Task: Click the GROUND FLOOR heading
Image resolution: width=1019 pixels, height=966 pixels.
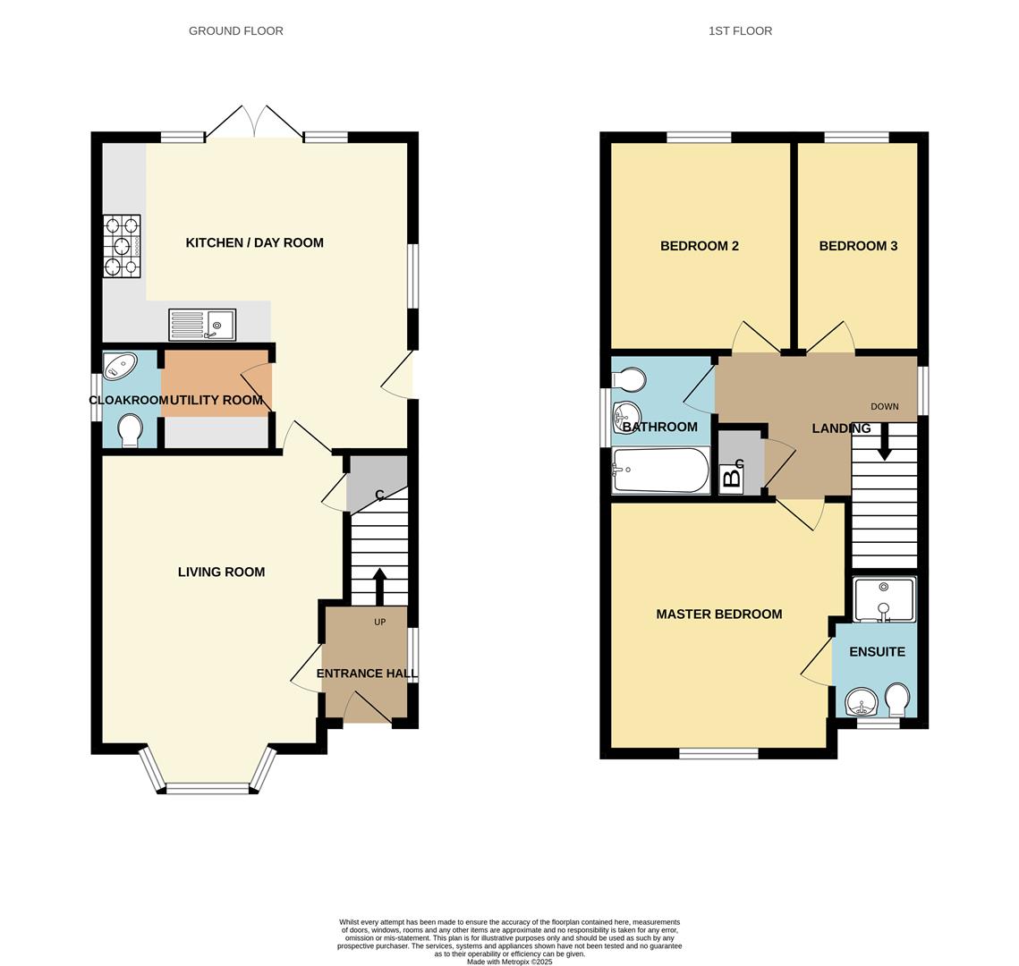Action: (235, 30)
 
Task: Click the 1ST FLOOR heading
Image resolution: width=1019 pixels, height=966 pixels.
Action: (740, 30)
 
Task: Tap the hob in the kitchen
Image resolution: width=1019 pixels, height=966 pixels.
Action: (122, 246)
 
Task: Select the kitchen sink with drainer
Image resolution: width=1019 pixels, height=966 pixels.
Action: (202, 325)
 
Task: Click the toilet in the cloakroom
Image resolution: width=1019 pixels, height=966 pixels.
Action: (130, 428)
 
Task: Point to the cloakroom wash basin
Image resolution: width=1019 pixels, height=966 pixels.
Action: (120, 366)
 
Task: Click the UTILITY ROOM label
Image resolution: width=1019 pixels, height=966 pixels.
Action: (216, 400)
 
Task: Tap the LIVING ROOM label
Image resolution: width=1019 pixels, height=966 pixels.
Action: (221, 572)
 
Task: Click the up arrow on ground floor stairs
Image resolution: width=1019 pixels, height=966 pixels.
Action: (378, 585)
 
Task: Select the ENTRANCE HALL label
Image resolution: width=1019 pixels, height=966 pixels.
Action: (367, 674)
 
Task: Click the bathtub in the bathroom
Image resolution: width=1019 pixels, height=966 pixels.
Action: (660, 470)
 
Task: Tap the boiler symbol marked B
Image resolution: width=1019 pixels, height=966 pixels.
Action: (731, 479)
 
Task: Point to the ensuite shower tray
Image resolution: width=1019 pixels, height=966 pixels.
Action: (884, 599)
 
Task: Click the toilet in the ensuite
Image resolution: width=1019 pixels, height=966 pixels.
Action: (896, 698)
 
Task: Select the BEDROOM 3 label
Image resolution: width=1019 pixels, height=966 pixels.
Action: (858, 246)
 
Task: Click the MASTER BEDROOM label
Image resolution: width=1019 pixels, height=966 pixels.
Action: (718, 614)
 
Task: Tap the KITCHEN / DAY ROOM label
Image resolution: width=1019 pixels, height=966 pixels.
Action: (254, 242)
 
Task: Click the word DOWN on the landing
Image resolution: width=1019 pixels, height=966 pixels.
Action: (884, 407)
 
